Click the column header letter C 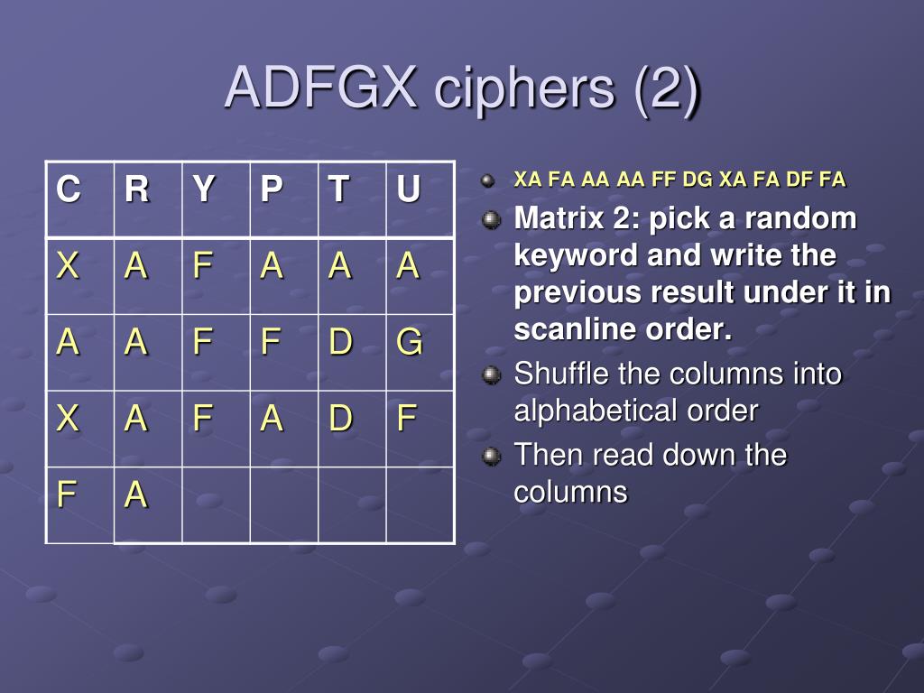69,189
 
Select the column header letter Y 204,189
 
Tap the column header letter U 409,189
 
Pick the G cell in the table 409,342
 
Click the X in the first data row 68,265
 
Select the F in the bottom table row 66,494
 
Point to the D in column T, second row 340,342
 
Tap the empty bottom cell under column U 420,505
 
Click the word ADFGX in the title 321,88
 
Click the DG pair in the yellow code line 698,180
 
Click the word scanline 575,328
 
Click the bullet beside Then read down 491,456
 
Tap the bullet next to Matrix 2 491,220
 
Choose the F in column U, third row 407,418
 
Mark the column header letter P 272,189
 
